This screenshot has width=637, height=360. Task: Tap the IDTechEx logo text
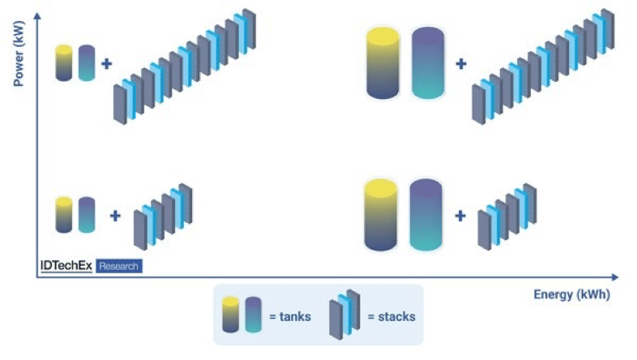[66, 265]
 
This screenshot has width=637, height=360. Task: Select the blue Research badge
[119, 266]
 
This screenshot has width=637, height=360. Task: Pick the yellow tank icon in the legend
[231, 315]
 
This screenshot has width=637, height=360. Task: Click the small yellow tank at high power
[64, 62]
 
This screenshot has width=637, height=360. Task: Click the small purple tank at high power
[87, 62]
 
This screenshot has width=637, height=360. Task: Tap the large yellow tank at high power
[384, 62]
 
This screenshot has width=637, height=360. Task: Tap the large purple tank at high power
[428, 62]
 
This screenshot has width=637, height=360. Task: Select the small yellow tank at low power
[64, 213]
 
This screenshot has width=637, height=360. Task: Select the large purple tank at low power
[426, 215]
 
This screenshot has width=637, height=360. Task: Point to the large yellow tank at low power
[382, 215]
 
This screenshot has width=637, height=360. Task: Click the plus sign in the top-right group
[461, 62]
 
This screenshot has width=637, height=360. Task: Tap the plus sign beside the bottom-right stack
[461, 216]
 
